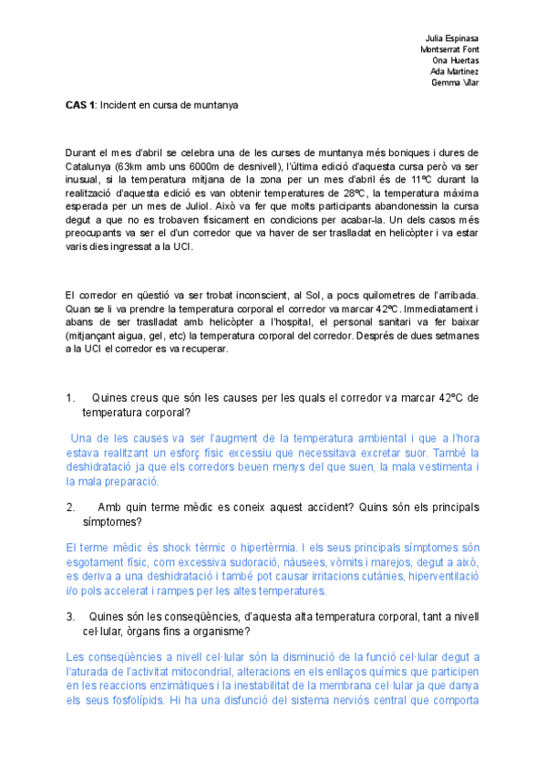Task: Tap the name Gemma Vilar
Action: click(x=455, y=83)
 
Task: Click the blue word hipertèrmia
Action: click(x=223, y=547)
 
